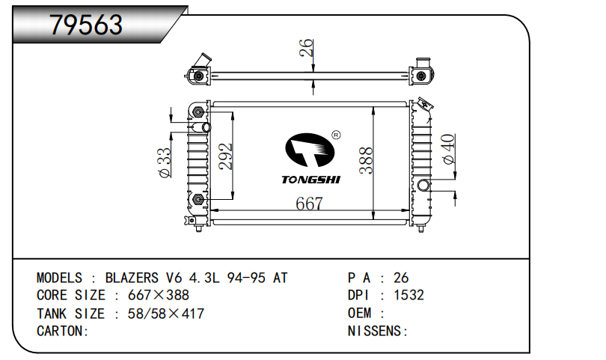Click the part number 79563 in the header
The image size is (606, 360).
click(x=86, y=25)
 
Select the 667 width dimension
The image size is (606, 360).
click(x=308, y=203)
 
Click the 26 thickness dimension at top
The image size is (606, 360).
click(x=305, y=49)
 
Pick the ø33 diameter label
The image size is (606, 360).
click(x=165, y=162)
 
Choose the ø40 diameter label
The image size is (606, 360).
click(x=448, y=149)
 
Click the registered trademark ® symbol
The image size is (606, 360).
click(x=335, y=135)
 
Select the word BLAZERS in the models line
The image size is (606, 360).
click(x=131, y=278)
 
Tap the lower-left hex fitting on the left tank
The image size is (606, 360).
click(x=198, y=199)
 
